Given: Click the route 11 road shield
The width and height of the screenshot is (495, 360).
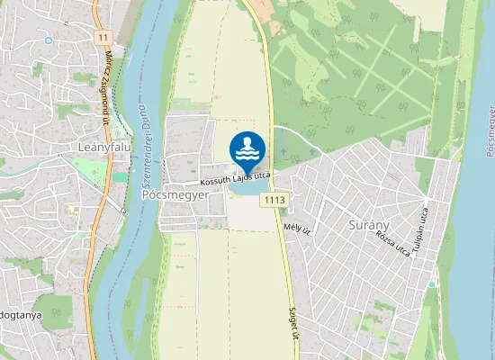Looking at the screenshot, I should (103, 37).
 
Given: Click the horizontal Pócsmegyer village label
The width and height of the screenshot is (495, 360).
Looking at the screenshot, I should (175, 194).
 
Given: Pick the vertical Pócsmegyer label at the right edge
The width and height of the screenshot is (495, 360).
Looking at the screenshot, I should (487, 135).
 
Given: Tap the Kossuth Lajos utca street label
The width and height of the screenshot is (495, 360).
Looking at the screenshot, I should (235, 180).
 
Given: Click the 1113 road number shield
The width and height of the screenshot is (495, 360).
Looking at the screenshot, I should (275, 199).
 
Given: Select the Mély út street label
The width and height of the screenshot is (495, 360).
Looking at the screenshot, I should (296, 229).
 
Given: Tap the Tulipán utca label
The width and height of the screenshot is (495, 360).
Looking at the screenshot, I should (420, 229).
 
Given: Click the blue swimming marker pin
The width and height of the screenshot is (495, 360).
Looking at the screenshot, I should (247, 150).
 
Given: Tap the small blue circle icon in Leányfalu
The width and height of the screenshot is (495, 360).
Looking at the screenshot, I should (48, 40).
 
